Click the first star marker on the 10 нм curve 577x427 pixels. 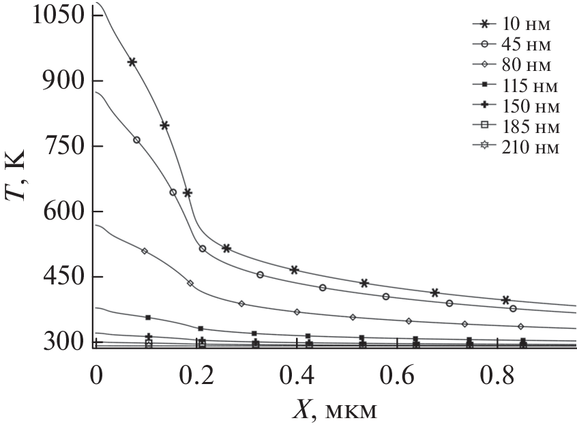coord(132,62)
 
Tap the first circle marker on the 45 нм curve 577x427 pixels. coord(136,140)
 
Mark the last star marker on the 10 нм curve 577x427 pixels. coord(505,299)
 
